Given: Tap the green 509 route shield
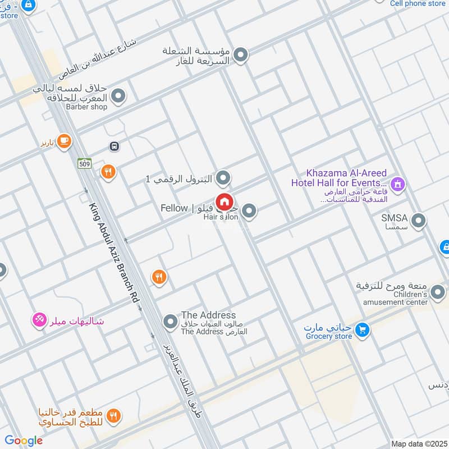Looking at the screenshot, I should coord(84,164).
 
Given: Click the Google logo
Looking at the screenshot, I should coord(24,441).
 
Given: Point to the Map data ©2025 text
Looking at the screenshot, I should coord(418,443).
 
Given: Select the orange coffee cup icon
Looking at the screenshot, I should coord(64,141).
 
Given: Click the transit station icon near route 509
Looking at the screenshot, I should coord(114,146).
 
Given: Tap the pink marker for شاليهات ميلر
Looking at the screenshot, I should coord(39,320).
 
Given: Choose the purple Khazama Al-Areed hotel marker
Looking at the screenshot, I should coord(398,184).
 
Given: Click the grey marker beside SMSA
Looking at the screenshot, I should coord(418,221).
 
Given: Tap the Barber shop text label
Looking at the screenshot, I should coord(86,107).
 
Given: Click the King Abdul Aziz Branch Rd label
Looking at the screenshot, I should coord(112,253).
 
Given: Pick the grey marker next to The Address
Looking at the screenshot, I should coord(170,322).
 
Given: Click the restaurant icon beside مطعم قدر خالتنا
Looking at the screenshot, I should coord(114,416).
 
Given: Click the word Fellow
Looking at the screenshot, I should coord(174,208).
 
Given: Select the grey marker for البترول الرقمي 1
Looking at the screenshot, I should coord(223,178).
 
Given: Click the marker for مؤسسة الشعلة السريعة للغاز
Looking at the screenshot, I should coord(240,55).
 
